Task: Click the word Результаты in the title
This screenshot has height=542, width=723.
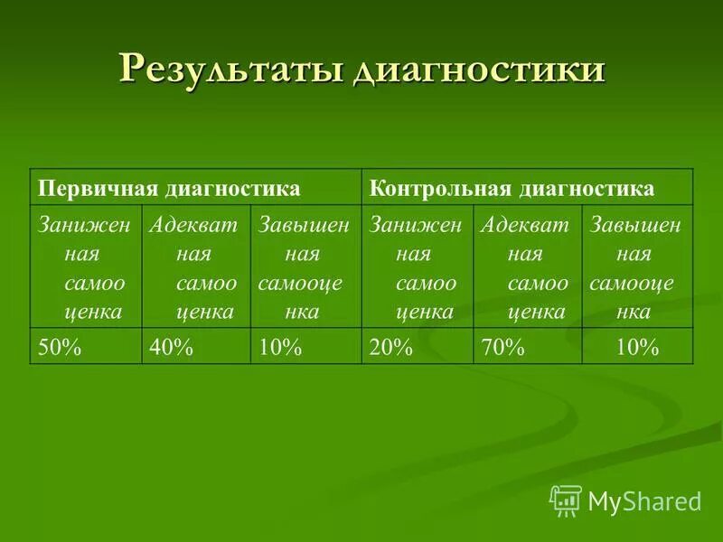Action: (230, 69)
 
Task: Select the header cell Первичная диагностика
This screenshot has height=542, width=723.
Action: (169, 189)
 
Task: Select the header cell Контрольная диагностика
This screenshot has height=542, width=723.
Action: (512, 189)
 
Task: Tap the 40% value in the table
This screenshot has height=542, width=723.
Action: (172, 347)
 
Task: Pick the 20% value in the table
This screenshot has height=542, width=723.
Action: (390, 347)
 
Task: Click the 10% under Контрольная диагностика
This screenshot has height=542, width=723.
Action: (636, 347)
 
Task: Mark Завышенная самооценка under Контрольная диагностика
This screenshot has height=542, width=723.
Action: (635, 268)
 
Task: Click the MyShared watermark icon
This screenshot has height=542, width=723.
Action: (566, 500)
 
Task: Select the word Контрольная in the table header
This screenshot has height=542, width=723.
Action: (441, 189)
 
